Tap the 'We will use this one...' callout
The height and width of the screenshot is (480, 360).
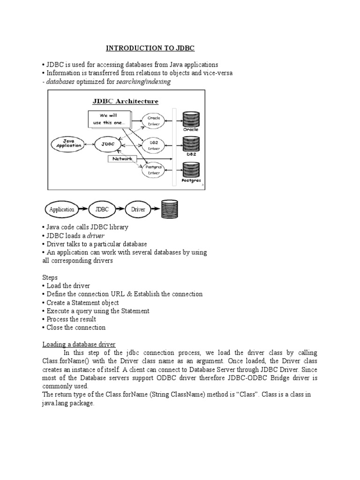click(x=109, y=119)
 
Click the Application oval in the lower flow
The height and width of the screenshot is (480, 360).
click(x=62, y=210)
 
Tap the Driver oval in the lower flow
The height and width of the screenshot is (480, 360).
click(x=141, y=210)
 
